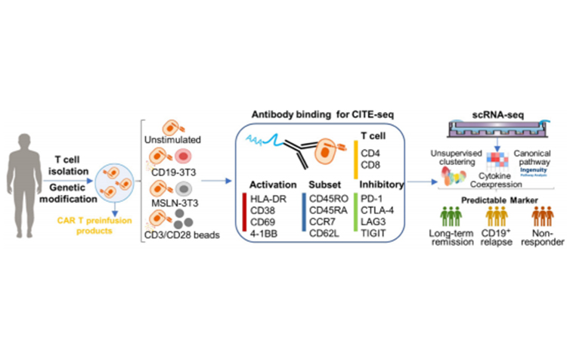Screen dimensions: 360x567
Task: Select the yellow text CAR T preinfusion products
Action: coord(95,225)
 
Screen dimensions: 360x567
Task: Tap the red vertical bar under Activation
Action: coord(245,216)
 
